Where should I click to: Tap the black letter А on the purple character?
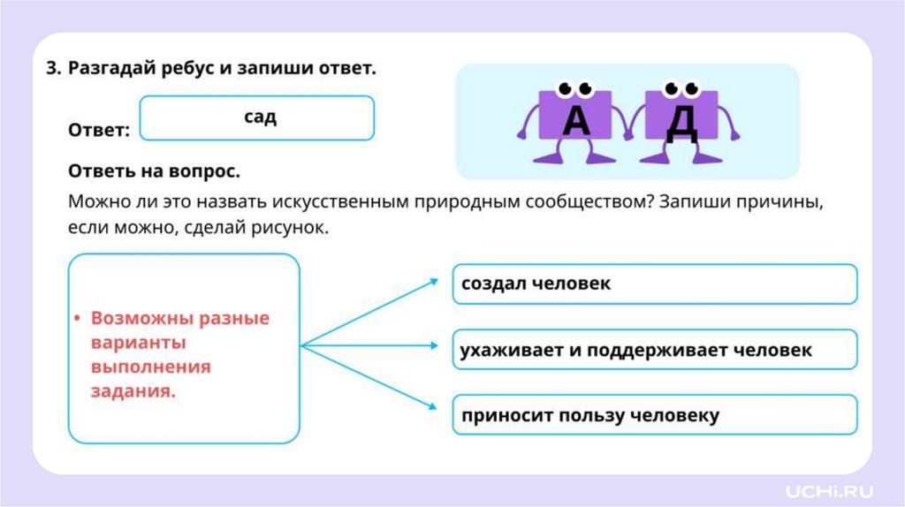click(575, 119)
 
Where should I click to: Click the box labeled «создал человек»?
click(654, 284)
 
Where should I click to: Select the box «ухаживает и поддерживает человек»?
click(654, 350)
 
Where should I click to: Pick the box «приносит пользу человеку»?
click(654, 415)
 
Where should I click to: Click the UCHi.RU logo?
click(829, 489)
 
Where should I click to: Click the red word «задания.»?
click(133, 391)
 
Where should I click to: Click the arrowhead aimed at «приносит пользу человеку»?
click(434, 407)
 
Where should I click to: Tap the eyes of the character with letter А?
click(574, 88)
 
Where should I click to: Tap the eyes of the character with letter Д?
click(681, 88)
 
